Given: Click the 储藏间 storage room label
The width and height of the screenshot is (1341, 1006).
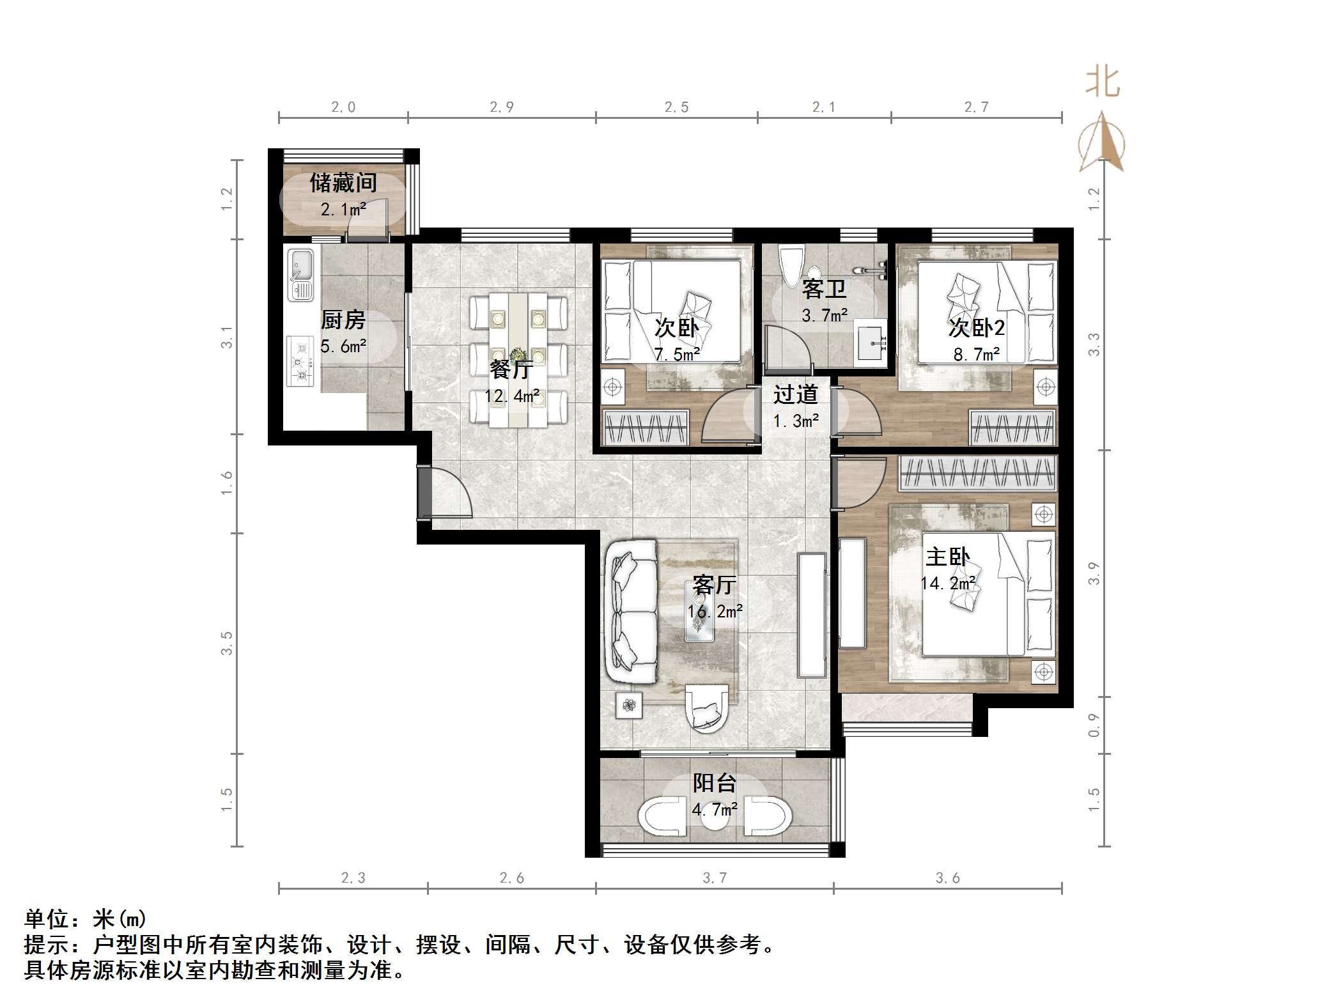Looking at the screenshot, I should click(x=343, y=183).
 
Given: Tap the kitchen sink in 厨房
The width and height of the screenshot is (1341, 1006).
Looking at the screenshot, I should click(x=300, y=274).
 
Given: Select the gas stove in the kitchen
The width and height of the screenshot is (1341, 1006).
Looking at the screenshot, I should click(x=300, y=362).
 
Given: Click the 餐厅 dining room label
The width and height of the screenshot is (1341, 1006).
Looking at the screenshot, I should click(x=511, y=369).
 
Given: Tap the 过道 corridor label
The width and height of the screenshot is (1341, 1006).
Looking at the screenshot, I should click(x=795, y=394).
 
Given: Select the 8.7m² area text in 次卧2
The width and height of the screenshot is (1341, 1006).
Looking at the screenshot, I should click(x=976, y=354).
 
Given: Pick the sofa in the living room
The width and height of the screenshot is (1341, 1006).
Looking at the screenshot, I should click(x=631, y=612).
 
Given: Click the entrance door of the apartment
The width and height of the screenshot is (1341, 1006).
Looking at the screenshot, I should click(x=425, y=491).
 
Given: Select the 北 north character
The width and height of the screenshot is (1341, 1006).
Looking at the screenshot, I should click(x=1102, y=83).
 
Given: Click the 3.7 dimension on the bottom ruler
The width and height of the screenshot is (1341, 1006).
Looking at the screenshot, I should click(x=715, y=878).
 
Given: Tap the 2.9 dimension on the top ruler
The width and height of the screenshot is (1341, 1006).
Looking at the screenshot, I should click(x=502, y=107).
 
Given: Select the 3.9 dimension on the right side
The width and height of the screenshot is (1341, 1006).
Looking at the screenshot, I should click(x=1094, y=573).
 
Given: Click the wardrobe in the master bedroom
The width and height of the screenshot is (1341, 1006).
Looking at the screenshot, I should click(x=977, y=473).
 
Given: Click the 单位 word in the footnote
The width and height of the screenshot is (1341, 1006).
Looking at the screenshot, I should click(x=47, y=919).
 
